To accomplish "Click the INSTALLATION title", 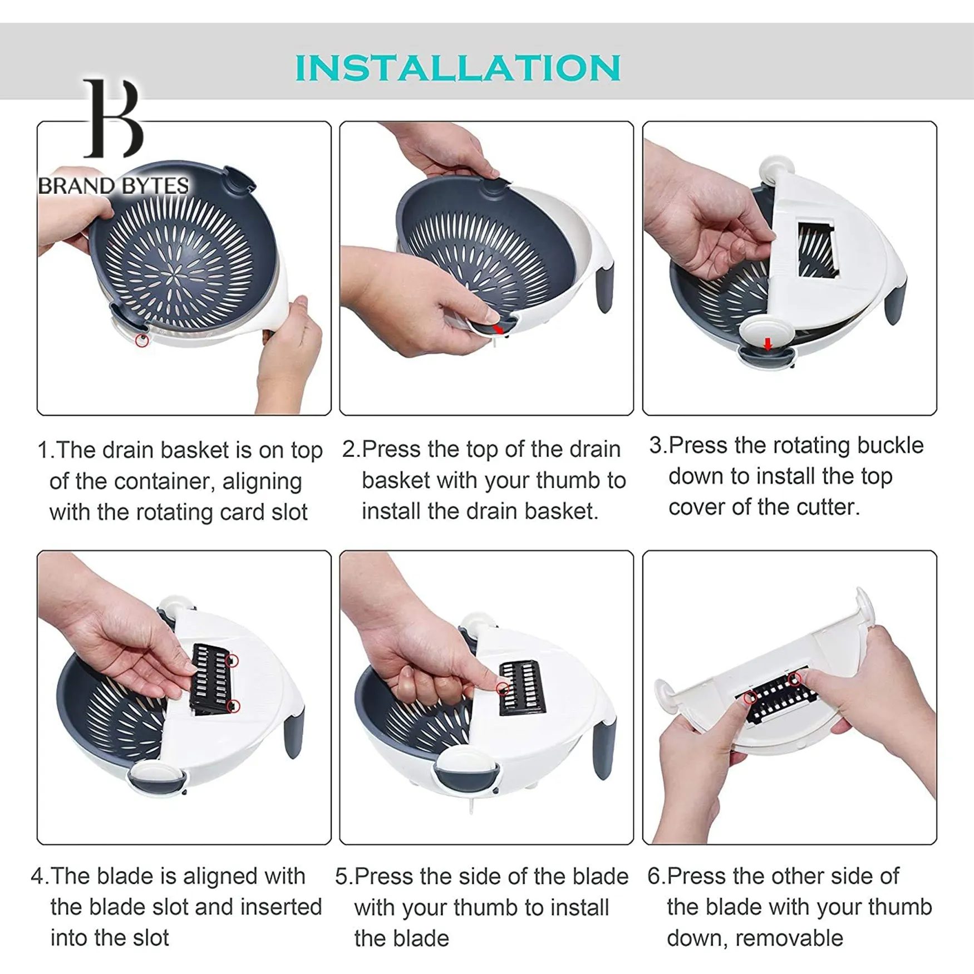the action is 458,68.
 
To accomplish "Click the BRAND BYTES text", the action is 114,186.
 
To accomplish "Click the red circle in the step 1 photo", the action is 142,340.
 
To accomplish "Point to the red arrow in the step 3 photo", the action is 768,344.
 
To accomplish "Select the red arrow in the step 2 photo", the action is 498,329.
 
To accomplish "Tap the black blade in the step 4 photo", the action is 211,678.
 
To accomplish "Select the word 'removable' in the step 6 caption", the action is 789,938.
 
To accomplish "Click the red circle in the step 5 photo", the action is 503,689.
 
